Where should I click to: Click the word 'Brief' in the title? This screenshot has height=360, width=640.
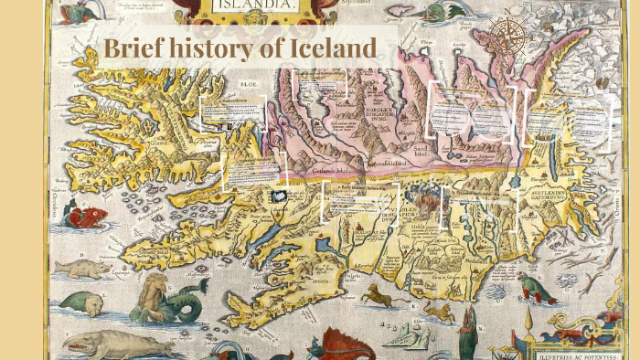(133, 49)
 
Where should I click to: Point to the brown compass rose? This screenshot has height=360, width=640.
(507, 36)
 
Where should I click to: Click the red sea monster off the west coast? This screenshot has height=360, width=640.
(86, 217)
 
